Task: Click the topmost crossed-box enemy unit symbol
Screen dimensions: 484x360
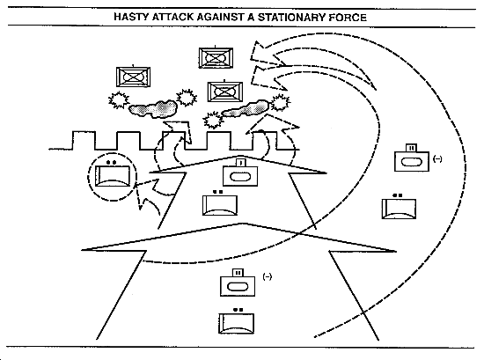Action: tap(216, 57)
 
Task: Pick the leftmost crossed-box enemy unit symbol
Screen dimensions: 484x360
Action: tap(133, 77)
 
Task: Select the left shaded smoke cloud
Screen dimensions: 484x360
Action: tap(153, 109)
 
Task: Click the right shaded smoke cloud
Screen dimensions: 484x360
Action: tap(246, 108)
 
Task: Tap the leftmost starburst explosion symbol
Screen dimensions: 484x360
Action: tap(119, 100)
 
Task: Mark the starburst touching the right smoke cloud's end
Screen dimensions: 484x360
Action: tap(280, 102)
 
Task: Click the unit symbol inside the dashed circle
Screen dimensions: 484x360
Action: tap(113, 175)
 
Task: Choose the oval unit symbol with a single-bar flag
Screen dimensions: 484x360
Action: tap(240, 173)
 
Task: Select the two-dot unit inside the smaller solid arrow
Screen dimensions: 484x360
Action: tap(220, 203)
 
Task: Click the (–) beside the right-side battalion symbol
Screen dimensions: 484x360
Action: tap(437, 159)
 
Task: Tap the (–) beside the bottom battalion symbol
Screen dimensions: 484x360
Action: tap(268, 276)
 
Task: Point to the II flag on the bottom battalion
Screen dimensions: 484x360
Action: tap(238, 273)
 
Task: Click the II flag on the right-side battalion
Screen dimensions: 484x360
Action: tap(411, 148)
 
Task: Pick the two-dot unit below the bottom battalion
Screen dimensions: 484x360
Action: tap(236, 321)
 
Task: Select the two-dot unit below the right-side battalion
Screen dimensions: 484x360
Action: tap(399, 207)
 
